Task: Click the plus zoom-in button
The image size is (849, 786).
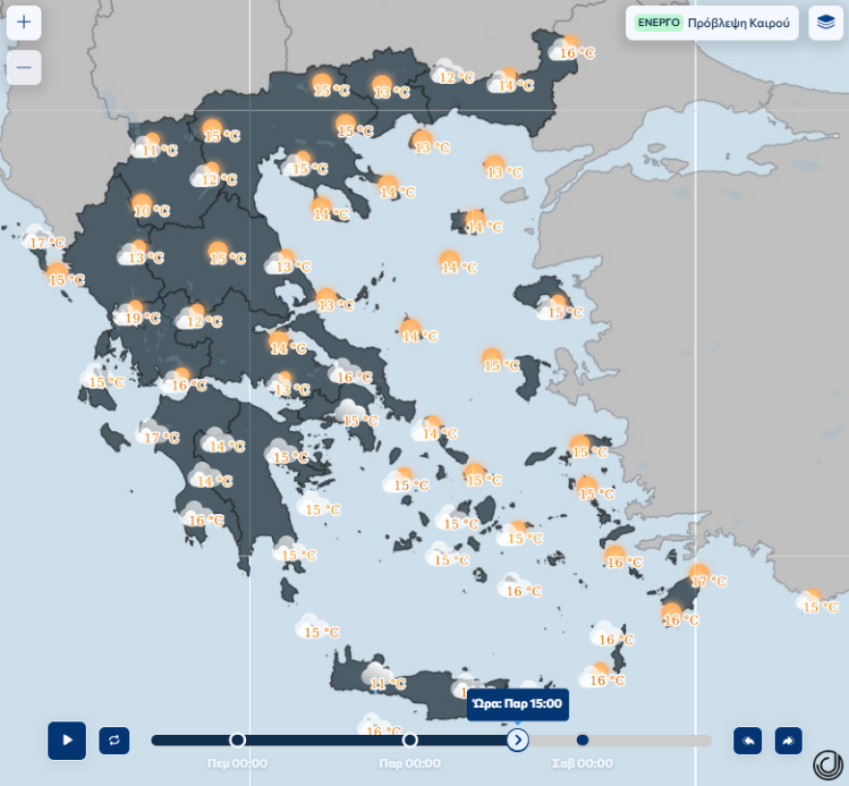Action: (x=24, y=22)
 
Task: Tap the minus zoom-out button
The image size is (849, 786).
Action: (x=24, y=68)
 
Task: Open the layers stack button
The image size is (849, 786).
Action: (x=825, y=22)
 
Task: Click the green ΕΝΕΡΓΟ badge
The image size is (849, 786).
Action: (x=658, y=22)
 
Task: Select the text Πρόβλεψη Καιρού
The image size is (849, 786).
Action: (x=738, y=22)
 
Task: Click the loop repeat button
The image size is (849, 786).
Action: (x=114, y=740)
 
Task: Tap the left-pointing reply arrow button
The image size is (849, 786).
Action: (x=748, y=740)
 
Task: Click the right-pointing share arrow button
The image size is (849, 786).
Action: (x=788, y=740)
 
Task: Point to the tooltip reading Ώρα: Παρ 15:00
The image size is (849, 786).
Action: (x=518, y=704)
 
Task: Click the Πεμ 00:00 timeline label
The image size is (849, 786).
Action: (x=237, y=764)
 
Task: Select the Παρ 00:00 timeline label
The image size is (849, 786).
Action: (x=410, y=764)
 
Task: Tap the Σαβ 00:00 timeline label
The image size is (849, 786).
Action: (x=582, y=764)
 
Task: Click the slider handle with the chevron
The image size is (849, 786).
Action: (x=518, y=740)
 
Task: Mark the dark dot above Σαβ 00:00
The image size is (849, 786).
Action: (x=582, y=740)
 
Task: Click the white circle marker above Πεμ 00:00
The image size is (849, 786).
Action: (x=237, y=740)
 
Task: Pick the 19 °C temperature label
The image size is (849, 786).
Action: (x=143, y=318)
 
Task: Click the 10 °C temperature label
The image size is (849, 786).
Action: (x=151, y=211)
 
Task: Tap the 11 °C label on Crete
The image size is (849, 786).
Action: (x=389, y=684)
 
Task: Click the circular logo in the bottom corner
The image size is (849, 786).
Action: (x=827, y=764)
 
